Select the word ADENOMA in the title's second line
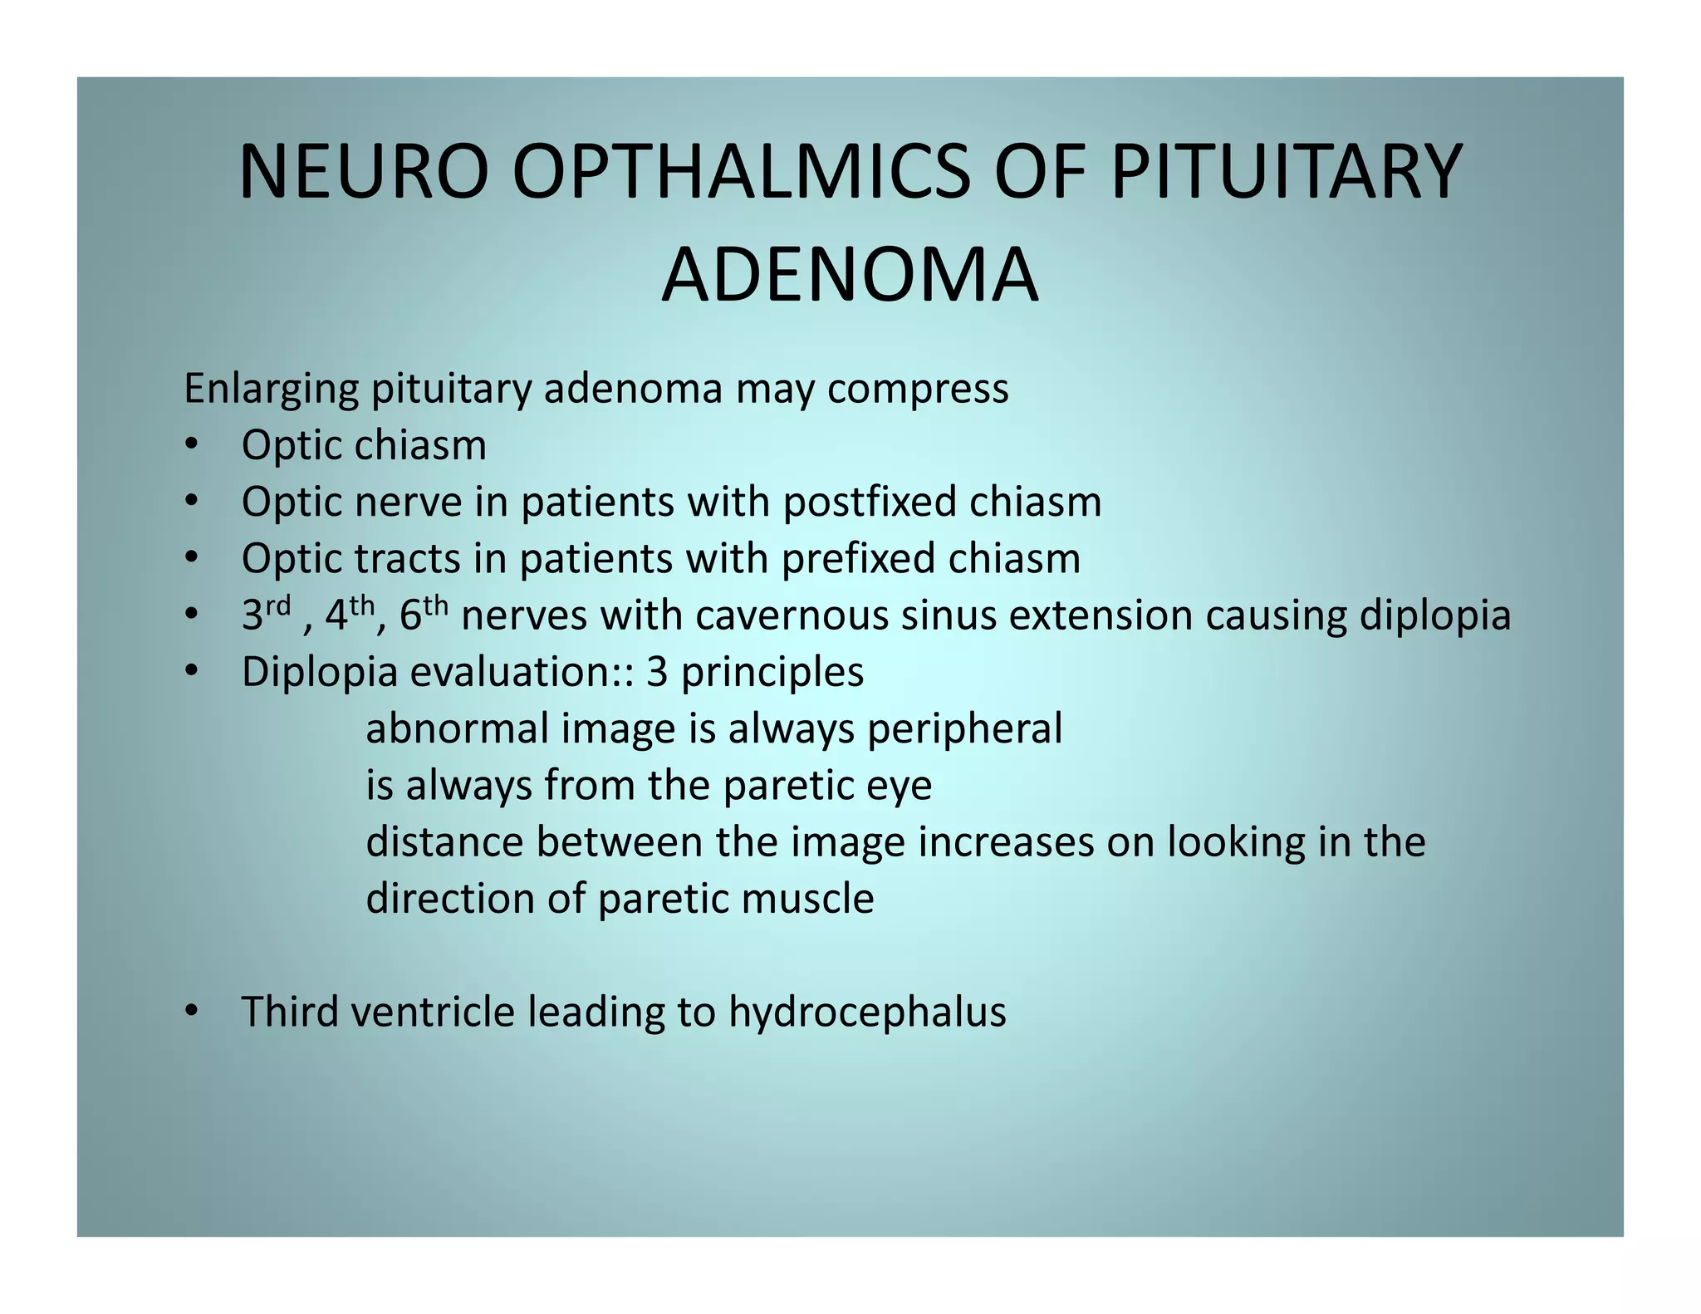click(850, 275)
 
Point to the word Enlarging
click(271, 390)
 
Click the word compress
click(917, 390)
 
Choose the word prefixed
click(859, 558)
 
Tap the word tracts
click(406, 558)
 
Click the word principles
click(772, 673)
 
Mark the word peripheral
click(964, 729)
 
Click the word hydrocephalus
click(867, 1012)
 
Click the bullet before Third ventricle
click(192, 1011)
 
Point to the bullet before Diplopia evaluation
click(192, 670)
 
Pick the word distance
click(444, 842)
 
